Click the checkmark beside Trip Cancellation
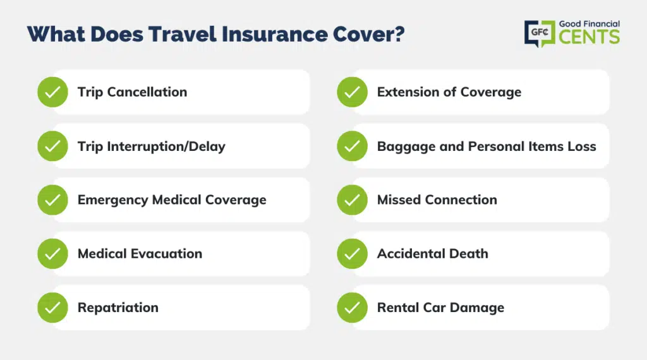[53, 92]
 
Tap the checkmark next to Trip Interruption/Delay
[53, 146]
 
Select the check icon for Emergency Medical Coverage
[53, 200]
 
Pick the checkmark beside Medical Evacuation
[53, 254]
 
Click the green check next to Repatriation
[53, 308]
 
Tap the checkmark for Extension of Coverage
[352, 92]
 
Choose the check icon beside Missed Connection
[352, 200]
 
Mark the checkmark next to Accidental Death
[352, 254]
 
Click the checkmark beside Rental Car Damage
[352, 308]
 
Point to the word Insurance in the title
[275, 34]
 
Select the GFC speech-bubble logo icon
[540, 33]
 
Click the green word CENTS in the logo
[590, 37]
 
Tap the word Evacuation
[166, 254]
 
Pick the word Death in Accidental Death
[469, 254]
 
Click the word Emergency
[113, 200]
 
